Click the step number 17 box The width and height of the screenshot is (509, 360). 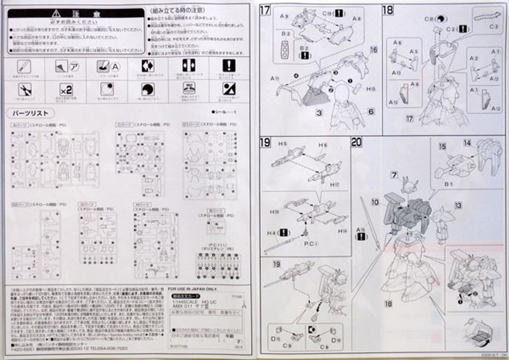(x=265, y=10)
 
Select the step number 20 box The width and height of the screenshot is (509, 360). (x=356, y=142)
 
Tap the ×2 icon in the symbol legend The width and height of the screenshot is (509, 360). (x=66, y=90)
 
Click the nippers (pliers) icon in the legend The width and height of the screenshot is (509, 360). (x=25, y=90)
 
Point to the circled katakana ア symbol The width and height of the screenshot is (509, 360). (x=74, y=66)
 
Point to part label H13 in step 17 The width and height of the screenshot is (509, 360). (x=371, y=89)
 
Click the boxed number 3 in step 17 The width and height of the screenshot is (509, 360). (x=319, y=113)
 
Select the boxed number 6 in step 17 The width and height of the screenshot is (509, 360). (x=371, y=112)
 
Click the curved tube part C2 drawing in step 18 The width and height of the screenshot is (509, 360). (x=488, y=18)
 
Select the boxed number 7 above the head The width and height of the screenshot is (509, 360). (x=394, y=175)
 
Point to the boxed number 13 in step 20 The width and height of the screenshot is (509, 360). (x=458, y=205)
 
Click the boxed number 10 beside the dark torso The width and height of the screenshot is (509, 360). (x=375, y=202)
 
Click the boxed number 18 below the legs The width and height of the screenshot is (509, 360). (x=389, y=304)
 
